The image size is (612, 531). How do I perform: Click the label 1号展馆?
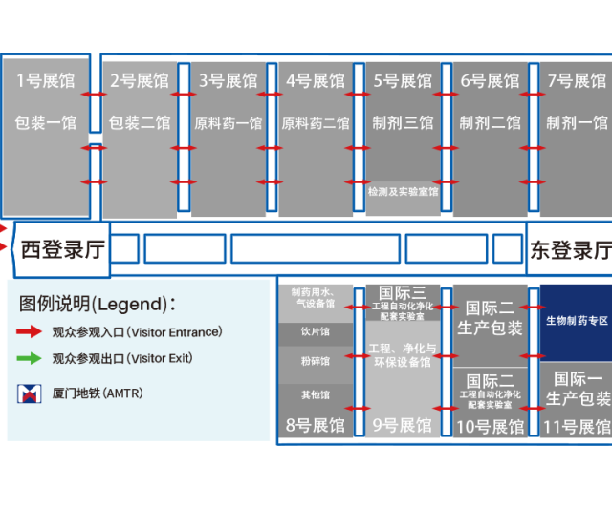45,81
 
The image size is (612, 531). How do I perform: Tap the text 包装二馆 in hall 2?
140,122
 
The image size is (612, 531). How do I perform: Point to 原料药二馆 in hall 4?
316,123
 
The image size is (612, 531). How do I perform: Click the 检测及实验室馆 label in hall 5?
403,192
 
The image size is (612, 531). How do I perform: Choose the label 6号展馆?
491,81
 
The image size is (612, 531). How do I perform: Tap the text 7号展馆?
577,81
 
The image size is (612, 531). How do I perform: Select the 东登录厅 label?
572,250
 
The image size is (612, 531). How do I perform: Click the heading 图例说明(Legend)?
98,304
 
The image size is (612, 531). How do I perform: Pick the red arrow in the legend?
29,332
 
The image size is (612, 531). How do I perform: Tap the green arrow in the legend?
29,359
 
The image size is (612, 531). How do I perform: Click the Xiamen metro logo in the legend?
30,393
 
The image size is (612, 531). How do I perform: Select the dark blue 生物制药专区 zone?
577,321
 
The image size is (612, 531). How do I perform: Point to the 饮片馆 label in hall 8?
315,332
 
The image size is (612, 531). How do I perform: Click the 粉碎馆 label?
315,362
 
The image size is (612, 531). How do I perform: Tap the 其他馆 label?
315,394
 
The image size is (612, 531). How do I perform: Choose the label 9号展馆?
402,425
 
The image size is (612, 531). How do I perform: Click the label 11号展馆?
577,426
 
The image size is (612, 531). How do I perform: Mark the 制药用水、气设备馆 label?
315,297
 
